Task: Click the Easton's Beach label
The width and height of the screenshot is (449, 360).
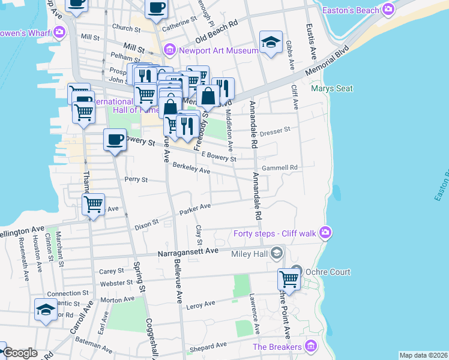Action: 351,10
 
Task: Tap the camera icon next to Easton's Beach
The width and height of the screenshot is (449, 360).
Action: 388,9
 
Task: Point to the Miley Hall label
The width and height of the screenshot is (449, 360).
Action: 248,254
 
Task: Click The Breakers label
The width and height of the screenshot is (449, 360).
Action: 277,347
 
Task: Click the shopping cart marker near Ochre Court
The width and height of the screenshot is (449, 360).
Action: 289,279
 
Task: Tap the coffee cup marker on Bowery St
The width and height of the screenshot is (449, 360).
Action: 114,140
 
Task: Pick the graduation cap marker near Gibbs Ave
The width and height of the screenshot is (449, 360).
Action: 271,42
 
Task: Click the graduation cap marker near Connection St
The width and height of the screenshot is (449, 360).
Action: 46,310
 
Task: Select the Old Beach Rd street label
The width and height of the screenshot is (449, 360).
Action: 217,27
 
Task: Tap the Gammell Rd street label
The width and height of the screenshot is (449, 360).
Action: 279,167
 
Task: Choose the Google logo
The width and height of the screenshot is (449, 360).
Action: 20,353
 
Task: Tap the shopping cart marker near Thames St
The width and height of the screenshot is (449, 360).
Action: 93,205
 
